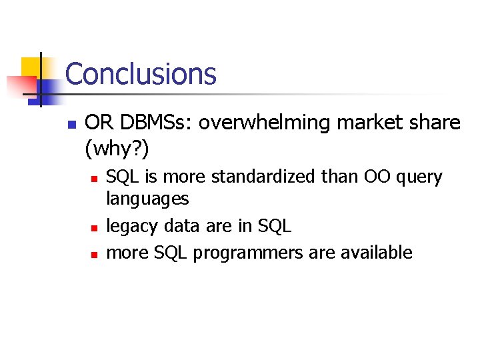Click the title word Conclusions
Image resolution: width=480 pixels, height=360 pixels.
pos(141,73)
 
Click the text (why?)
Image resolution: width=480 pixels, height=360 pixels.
pos(117,149)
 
